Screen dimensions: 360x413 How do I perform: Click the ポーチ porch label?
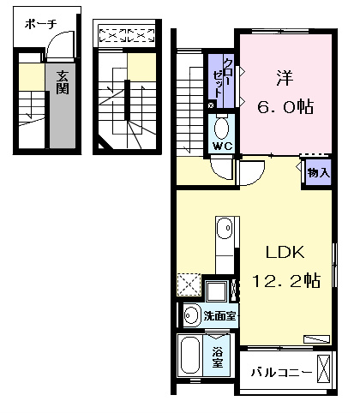pyautogui.click(x=41, y=24)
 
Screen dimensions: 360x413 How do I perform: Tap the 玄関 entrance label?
pyautogui.click(x=63, y=82)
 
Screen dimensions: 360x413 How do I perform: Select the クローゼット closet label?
pyautogui.click(x=222, y=78)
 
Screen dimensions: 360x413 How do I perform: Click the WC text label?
pyautogui.click(x=223, y=147)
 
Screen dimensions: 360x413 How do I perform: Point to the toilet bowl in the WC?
pyautogui.click(x=221, y=129)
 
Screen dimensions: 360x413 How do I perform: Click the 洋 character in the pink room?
pyautogui.click(x=285, y=78)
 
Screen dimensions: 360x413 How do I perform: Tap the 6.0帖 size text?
pyautogui.click(x=285, y=107)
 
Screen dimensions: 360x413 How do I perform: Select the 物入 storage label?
pyautogui.click(x=319, y=173)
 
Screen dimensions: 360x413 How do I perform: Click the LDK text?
pyautogui.click(x=285, y=252)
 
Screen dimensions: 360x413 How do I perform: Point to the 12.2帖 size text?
pyautogui.click(x=286, y=280)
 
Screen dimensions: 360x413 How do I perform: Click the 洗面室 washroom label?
pyautogui.click(x=219, y=316)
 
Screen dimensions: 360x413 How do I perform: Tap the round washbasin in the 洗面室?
pyautogui.click(x=191, y=315)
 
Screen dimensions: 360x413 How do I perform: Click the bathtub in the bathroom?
pyautogui.click(x=189, y=356)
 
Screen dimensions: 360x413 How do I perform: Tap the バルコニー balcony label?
pyautogui.click(x=281, y=373)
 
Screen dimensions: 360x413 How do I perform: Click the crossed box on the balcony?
pyautogui.click(x=324, y=368)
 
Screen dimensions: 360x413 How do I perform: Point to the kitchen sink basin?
pyautogui.click(x=225, y=228)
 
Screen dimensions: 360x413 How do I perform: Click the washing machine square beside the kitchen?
pyautogui.click(x=217, y=291)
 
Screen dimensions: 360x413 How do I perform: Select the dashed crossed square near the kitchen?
pyautogui.click(x=189, y=284)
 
